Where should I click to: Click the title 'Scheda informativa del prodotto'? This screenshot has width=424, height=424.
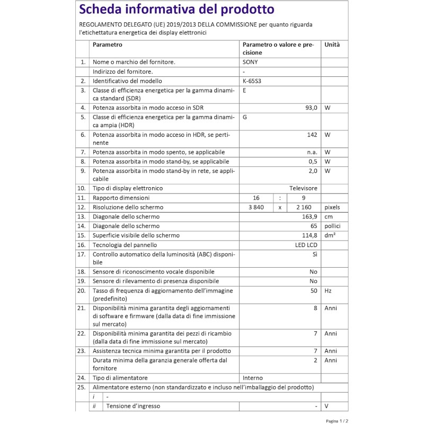(176, 10)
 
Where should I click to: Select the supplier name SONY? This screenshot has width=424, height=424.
(251, 62)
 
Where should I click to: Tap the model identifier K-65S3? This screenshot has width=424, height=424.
(252, 81)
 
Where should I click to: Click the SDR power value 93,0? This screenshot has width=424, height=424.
(310, 108)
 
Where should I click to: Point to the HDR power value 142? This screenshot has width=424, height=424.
(312, 135)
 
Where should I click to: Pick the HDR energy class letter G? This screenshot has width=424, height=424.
(245, 117)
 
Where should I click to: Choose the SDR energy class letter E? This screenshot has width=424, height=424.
(244, 90)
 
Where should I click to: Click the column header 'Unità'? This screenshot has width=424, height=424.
(332, 45)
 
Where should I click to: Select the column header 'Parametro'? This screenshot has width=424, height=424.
(108, 45)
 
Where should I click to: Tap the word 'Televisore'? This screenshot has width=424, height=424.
(303, 188)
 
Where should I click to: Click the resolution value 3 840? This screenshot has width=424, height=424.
(255, 207)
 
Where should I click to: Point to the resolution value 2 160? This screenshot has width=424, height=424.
(304, 207)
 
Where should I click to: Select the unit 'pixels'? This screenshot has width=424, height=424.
(332, 207)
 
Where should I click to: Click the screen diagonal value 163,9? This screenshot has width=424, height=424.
(308, 217)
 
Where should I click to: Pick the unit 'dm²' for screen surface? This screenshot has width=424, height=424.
(330, 235)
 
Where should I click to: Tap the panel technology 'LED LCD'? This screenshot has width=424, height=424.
(306, 245)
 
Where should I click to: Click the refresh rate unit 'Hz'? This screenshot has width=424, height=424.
(328, 290)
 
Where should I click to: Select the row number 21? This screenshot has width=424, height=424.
(81, 308)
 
